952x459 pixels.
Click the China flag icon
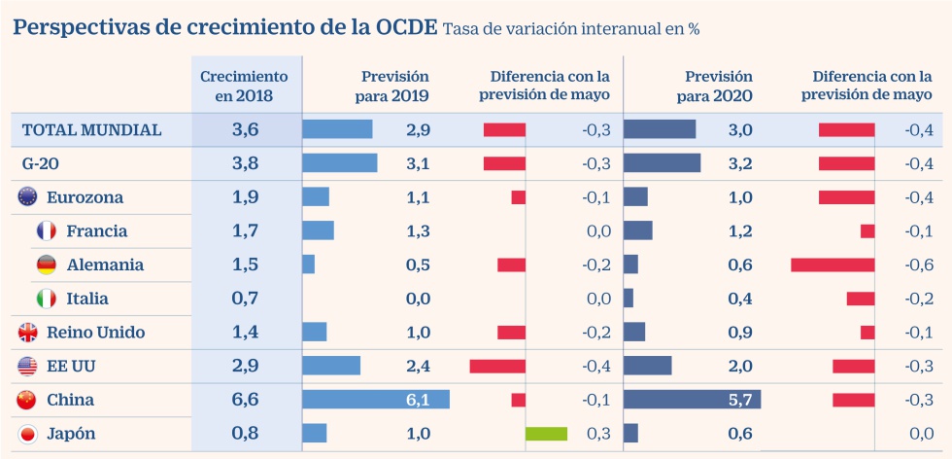27,400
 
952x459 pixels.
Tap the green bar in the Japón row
546,434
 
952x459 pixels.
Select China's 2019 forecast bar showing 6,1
376,400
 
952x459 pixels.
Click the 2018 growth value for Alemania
246,265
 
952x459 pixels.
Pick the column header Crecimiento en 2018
245,86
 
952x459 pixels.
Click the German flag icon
46,265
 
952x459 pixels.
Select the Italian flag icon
46,299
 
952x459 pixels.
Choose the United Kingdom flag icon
27,333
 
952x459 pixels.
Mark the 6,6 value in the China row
246,400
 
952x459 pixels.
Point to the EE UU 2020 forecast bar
647,366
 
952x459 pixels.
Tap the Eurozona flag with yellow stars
27,197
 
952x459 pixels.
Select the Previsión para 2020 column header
719,86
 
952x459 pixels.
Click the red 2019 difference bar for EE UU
497,366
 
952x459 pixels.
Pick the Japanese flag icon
27,434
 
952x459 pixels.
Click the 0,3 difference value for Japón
598,434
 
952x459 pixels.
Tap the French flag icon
46,230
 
